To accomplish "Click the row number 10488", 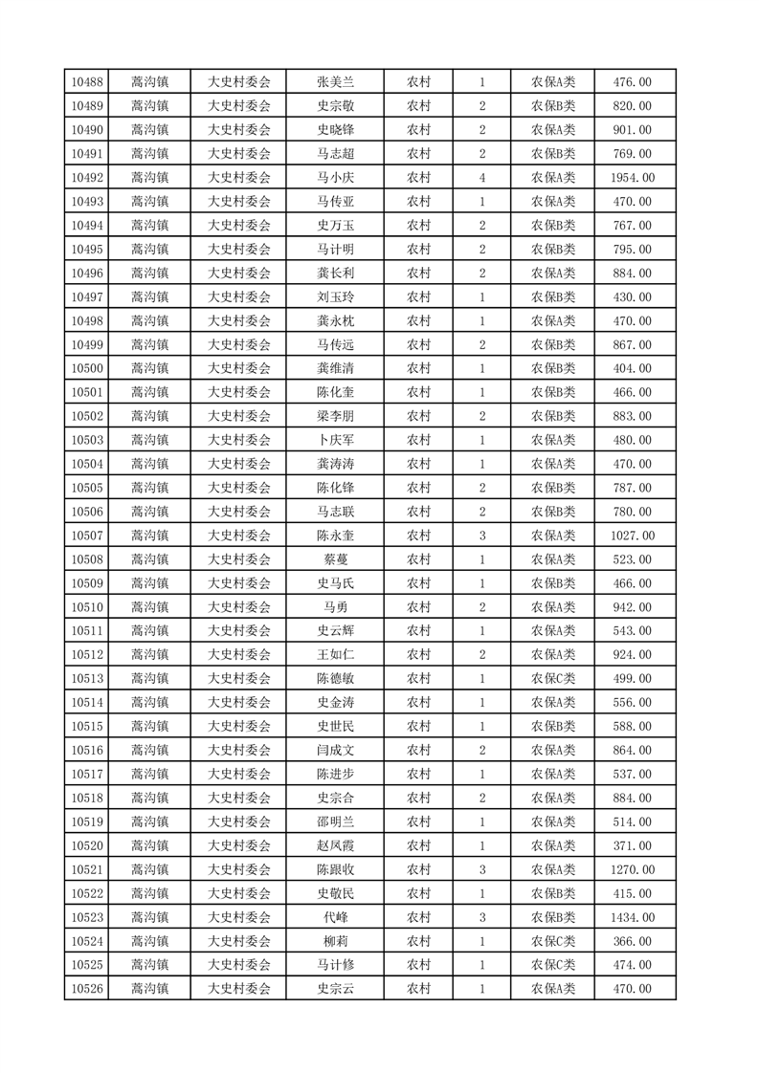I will (x=87, y=82).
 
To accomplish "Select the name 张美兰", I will (x=336, y=82).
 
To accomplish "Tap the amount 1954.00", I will (x=632, y=178).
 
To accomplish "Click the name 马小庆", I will (x=336, y=178).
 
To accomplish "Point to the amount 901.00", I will (x=632, y=130).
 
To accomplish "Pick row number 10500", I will (x=87, y=368).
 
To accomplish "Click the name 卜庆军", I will (x=336, y=440).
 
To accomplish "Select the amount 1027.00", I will (x=632, y=536).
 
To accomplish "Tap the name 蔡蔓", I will (x=336, y=559).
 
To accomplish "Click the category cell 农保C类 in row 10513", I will (x=553, y=679).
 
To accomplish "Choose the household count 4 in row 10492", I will (x=482, y=178).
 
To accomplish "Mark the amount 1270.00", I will (x=632, y=869).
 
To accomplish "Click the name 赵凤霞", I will (x=336, y=845).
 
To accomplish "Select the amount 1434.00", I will (x=632, y=917).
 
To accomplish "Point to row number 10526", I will (x=87, y=989).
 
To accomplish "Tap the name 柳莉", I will (x=336, y=941).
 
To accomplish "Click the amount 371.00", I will (x=632, y=845).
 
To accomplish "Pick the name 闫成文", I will (x=336, y=751).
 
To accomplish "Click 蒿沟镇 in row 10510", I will (x=149, y=607).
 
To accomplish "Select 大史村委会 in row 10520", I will (x=239, y=845).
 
